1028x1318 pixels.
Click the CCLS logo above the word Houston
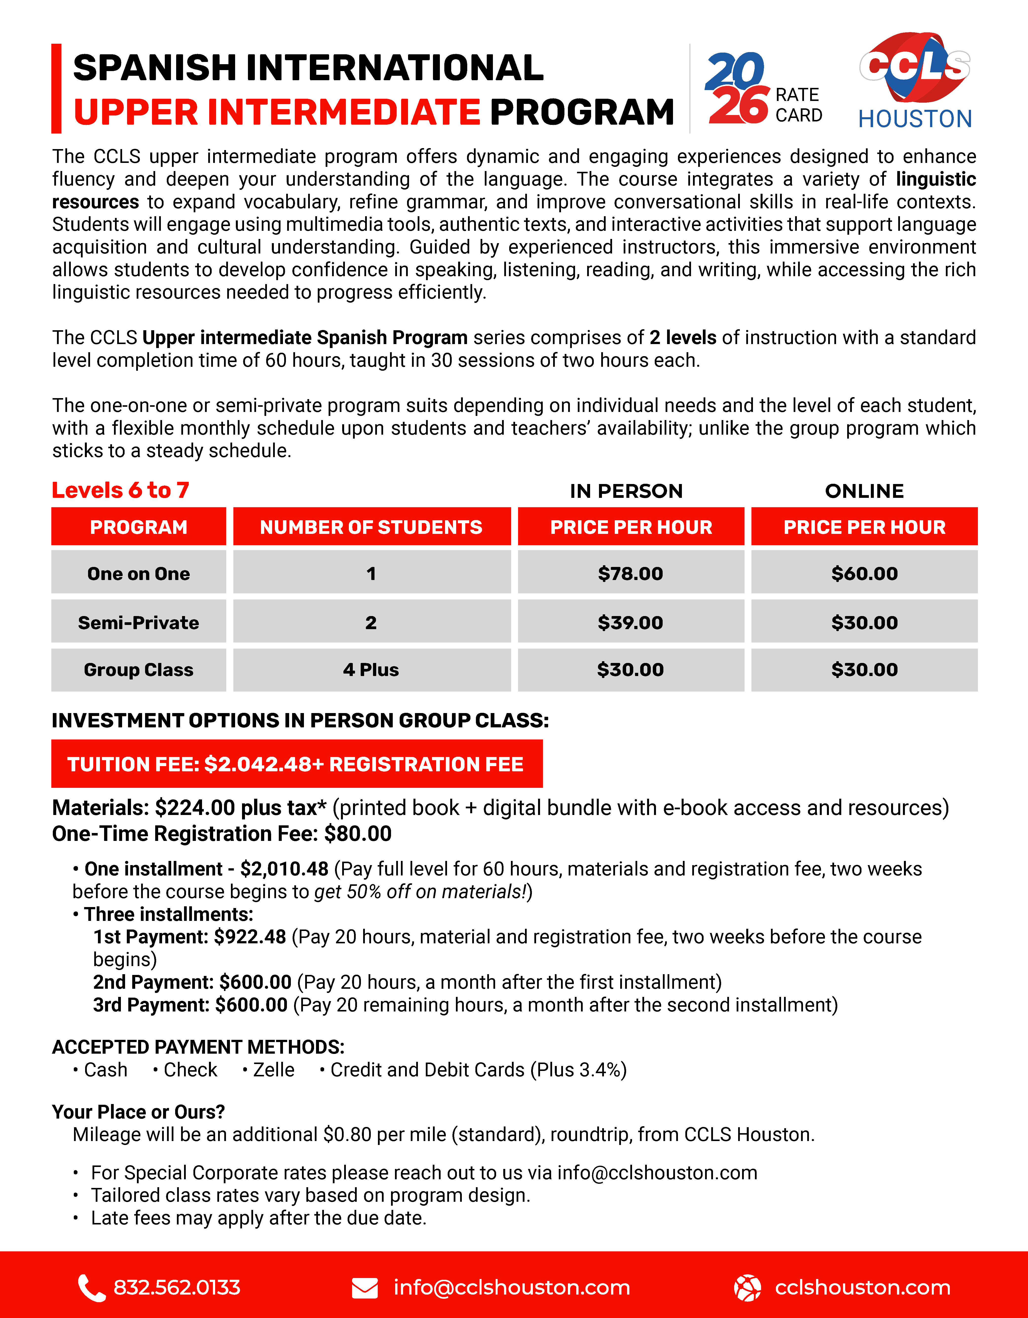click(x=915, y=66)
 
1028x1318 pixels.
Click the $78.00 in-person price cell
click(x=630, y=573)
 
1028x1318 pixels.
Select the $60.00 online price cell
click(x=864, y=573)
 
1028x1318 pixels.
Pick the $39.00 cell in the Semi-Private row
click(x=630, y=622)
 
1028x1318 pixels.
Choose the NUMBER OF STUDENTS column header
click(x=371, y=527)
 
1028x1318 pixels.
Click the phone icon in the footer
click(x=91, y=1288)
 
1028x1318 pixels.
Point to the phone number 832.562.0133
click(x=177, y=1288)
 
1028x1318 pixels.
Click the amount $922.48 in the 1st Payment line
click(x=250, y=937)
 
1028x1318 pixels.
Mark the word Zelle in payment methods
click(x=273, y=1070)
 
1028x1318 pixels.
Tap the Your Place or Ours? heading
click(x=138, y=1112)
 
